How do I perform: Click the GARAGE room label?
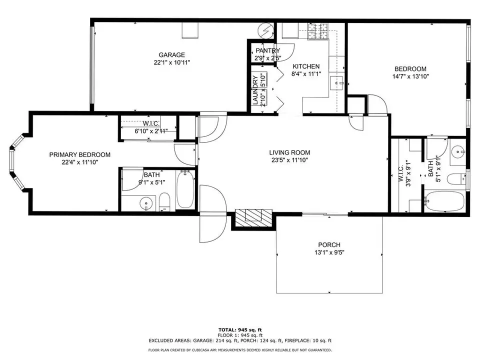pyautogui.click(x=171, y=55)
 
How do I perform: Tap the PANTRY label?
pyautogui.click(x=268, y=50)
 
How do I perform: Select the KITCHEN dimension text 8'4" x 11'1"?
pyautogui.click(x=306, y=74)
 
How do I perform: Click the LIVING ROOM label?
pyautogui.click(x=289, y=152)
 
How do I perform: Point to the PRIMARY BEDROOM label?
pyautogui.click(x=80, y=154)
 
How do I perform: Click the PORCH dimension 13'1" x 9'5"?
pyautogui.click(x=329, y=252)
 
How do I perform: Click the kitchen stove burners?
pyautogui.click(x=317, y=31)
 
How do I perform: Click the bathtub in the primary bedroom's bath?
pyautogui.click(x=185, y=189)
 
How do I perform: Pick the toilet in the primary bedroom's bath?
pyautogui.click(x=164, y=201)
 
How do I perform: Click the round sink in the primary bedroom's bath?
pyautogui.click(x=146, y=203)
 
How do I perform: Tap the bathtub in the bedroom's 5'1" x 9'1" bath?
pyautogui.click(x=444, y=201)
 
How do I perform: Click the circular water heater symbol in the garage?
pyautogui.click(x=265, y=30)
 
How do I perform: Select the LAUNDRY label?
pyautogui.click(x=255, y=90)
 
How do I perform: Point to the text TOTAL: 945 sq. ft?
pyautogui.click(x=240, y=329)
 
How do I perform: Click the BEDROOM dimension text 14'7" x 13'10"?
pyautogui.click(x=410, y=76)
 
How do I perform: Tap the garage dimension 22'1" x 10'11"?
pyautogui.click(x=171, y=62)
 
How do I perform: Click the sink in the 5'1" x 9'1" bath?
pyautogui.click(x=458, y=151)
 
